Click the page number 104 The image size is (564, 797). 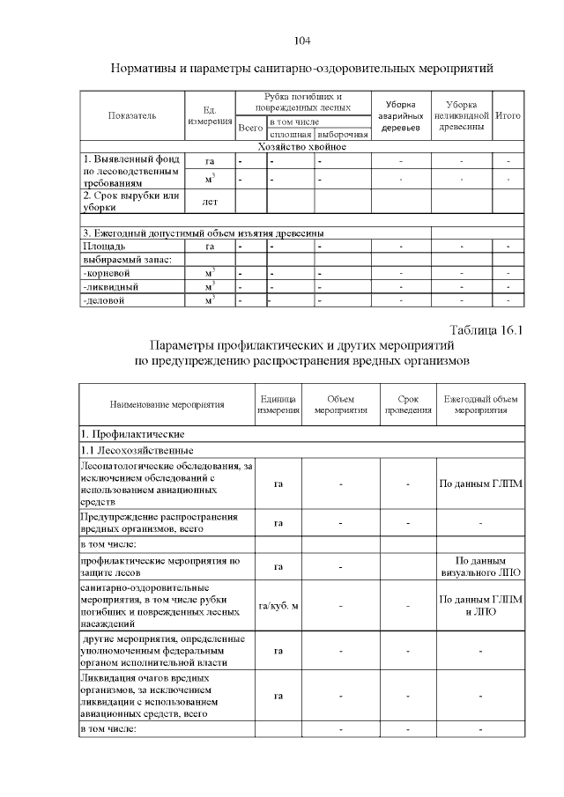[302, 41]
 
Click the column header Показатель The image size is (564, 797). [132, 115]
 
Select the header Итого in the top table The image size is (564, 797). [508, 115]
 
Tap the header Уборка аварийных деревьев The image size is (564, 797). [401, 115]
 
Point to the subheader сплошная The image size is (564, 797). [290, 134]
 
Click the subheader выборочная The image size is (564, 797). [342, 134]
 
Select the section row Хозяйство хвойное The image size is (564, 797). [301, 146]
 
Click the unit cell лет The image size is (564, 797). [210, 202]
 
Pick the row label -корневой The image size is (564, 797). [108, 274]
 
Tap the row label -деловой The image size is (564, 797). [104, 300]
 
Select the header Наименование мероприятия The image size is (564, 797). [167, 405]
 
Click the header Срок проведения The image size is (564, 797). [407, 405]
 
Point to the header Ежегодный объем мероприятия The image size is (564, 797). [480, 405]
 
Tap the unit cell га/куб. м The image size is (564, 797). [278, 605]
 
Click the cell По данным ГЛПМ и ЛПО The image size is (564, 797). [480, 605]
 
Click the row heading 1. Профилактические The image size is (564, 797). [132, 434]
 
